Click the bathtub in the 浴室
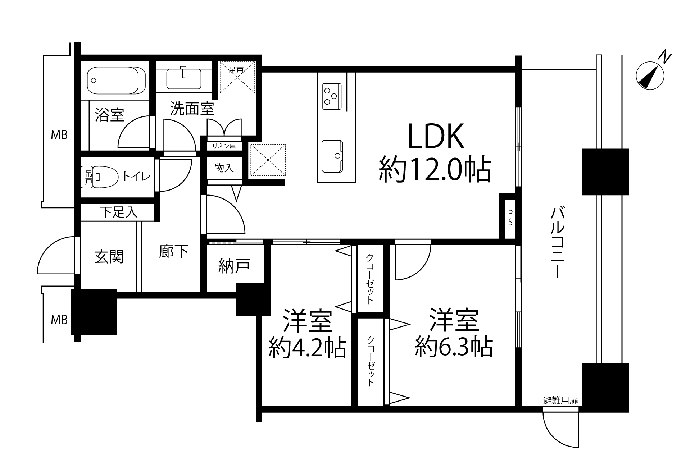[116, 80]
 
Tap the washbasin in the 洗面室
[184, 79]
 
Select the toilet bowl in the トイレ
[106, 177]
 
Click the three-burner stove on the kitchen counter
[332, 96]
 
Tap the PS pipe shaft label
[510, 218]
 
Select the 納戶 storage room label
[234, 266]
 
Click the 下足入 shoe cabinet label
[119, 212]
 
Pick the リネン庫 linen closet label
[224, 146]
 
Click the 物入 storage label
[224, 168]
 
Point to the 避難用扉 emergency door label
[560, 400]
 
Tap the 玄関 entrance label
[109, 257]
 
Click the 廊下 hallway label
[173, 251]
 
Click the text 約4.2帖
[308, 347]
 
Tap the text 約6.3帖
[454, 346]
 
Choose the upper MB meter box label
[59, 135]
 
